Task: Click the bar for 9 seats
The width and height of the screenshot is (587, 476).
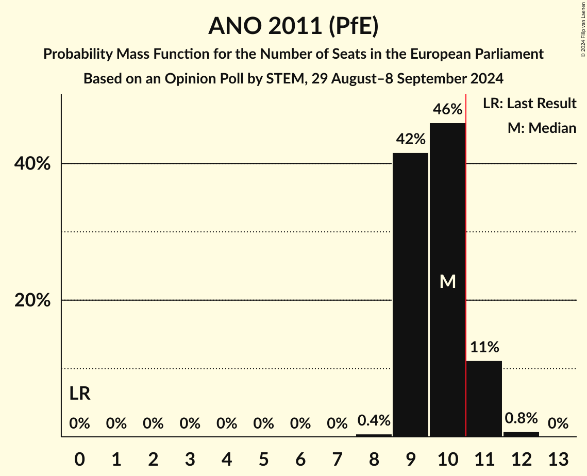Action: (410, 295)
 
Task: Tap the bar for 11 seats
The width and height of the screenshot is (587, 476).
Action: (484, 399)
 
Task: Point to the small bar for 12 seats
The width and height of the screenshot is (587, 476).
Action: (521, 434)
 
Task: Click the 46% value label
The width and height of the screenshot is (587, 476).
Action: (447, 110)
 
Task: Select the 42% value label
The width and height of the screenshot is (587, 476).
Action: (410, 139)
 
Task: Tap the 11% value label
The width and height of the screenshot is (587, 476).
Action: (484, 347)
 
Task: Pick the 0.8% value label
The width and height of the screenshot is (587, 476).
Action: (521, 418)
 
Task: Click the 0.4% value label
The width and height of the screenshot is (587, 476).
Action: (374, 421)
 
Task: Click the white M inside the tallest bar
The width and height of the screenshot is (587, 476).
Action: (447, 281)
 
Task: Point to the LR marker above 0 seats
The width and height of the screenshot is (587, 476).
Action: (80, 394)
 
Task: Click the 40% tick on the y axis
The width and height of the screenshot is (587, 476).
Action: (32, 164)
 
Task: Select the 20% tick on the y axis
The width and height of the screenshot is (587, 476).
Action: (32, 301)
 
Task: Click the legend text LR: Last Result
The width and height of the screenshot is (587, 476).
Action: (529, 104)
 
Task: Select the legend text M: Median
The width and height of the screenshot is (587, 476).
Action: (542, 128)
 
